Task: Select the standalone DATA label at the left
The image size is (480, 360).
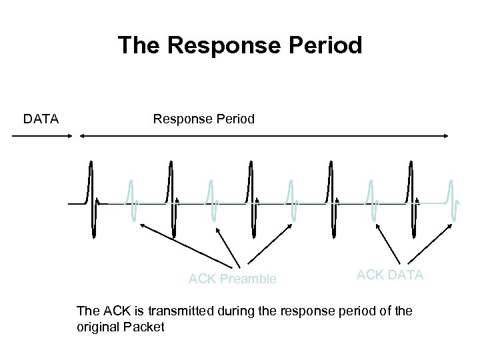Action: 41,119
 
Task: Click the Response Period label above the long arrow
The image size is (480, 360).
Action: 204,119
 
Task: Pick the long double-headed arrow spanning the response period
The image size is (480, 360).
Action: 264,136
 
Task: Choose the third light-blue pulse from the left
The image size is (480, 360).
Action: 291,200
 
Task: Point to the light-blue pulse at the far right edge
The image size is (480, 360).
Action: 453,200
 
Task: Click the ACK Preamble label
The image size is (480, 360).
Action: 232,279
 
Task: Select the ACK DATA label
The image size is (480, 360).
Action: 390,275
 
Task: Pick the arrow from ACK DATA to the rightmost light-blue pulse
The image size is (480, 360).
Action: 431,243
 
